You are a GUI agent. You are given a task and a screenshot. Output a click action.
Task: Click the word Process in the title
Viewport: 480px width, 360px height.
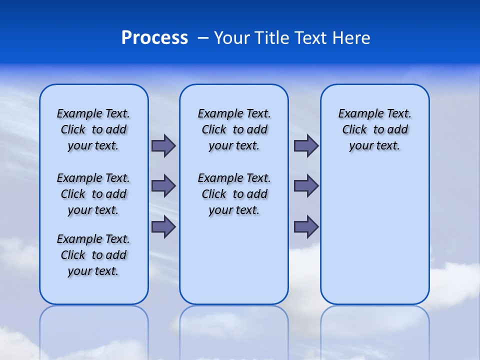(154, 38)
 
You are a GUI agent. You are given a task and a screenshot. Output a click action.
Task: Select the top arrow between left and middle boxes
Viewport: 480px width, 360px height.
(163, 145)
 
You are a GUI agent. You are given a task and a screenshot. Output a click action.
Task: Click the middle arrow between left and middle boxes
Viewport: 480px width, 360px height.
(163, 186)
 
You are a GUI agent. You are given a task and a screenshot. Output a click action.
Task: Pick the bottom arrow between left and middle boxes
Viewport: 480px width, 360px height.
(163, 226)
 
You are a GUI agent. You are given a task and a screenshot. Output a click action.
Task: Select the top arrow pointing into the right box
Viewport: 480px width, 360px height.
(306, 145)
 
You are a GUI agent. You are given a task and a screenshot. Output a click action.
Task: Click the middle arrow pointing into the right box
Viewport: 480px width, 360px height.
(306, 186)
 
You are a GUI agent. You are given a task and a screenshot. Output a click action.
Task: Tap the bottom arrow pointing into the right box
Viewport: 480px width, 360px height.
(306, 226)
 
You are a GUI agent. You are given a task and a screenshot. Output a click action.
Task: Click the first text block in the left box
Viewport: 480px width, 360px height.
(93, 129)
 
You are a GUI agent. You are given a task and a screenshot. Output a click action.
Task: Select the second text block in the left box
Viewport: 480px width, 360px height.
(93, 194)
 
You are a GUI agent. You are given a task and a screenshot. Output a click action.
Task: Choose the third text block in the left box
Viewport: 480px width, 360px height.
(93, 255)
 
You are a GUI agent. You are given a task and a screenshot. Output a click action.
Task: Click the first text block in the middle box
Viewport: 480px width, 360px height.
(234, 129)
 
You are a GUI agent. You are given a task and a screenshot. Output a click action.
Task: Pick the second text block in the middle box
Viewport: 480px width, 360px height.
(234, 194)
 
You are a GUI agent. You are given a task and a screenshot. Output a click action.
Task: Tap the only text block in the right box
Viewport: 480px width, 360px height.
(375, 129)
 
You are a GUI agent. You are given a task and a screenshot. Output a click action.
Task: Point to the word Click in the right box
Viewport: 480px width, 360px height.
(354, 130)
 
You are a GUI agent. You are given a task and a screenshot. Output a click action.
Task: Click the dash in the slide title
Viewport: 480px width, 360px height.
(203, 38)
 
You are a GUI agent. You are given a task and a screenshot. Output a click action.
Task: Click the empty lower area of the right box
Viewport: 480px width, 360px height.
(375, 235)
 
